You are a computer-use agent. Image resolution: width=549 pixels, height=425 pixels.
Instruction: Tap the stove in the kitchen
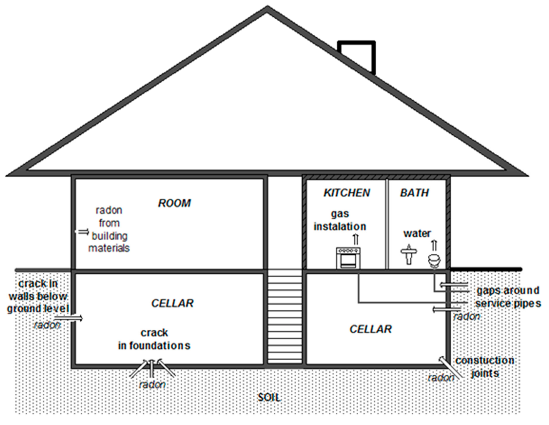(348, 258)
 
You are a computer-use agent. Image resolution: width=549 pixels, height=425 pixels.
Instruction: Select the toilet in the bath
(435, 261)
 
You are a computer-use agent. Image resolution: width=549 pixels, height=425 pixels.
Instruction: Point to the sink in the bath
(409, 254)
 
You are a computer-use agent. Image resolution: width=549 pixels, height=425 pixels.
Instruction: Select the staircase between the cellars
(285, 317)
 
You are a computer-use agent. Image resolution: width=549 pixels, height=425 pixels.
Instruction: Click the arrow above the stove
(356, 239)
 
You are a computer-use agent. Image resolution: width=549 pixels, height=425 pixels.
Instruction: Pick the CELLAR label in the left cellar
(172, 303)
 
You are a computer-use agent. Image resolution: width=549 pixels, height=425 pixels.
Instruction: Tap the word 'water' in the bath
(417, 234)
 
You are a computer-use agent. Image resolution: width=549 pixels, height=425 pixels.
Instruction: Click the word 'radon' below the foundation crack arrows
(152, 385)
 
